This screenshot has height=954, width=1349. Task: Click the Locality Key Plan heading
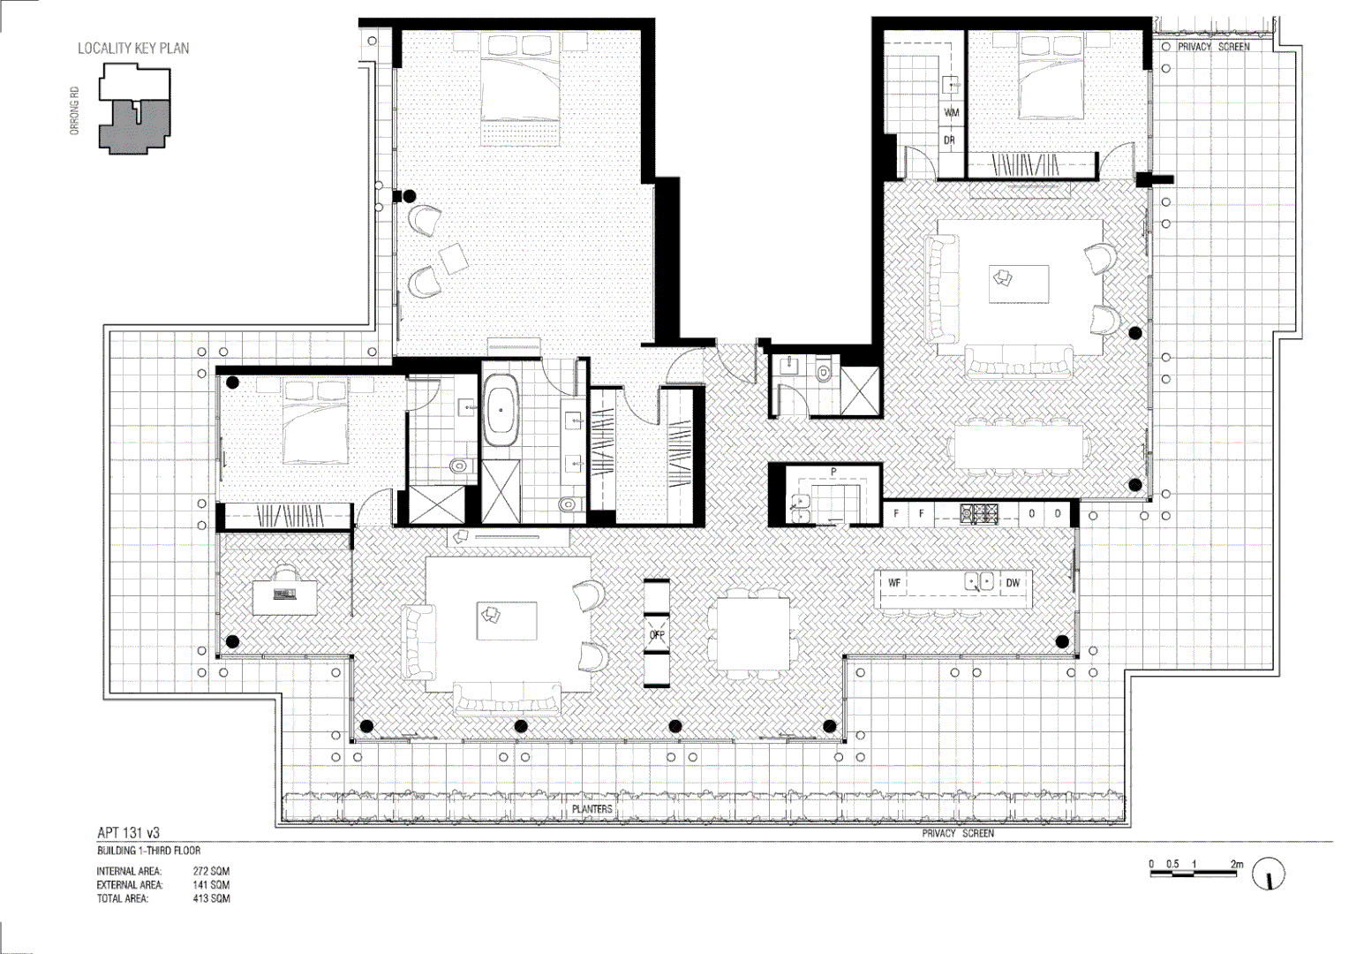coord(133,49)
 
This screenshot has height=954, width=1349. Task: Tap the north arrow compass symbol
coord(1269,874)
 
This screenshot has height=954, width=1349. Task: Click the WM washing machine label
coord(952,113)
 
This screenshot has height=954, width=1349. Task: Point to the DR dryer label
coord(950,140)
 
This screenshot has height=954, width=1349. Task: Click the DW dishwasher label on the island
coord(1013,583)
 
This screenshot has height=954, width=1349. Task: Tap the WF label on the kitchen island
coord(894,583)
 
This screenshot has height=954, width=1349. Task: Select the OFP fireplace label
coord(657,635)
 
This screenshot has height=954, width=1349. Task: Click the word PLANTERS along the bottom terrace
coord(592,809)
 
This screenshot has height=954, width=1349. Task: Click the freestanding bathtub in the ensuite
coord(502,410)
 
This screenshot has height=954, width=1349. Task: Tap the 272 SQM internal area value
coord(211,871)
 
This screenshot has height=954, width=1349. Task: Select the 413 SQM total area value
coord(211,898)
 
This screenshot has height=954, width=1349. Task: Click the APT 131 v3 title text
coord(129,833)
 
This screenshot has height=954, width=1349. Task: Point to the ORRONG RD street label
coord(75,110)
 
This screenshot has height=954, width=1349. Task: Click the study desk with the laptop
coord(284,595)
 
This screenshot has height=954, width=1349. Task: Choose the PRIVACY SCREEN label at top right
coord(1213,47)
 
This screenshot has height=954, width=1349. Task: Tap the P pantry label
coord(833,473)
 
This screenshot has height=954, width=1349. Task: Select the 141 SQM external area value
coord(211,884)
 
